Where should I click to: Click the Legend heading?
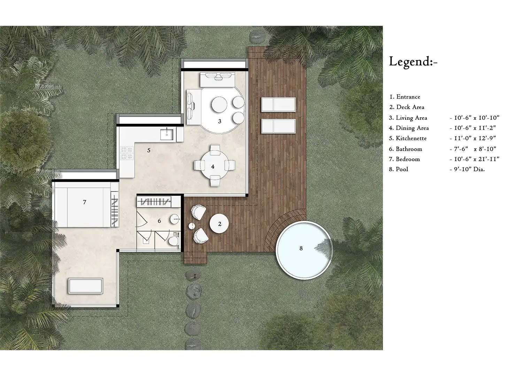(x=413, y=62)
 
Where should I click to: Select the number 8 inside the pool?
(x=301, y=248)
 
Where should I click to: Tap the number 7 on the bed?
(x=84, y=202)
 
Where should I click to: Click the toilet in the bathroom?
(x=173, y=241)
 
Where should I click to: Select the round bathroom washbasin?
(x=175, y=220)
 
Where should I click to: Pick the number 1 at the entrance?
(x=195, y=276)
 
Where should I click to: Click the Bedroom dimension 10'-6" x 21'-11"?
(x=475, y=159)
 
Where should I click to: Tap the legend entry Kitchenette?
(x=408, y=138)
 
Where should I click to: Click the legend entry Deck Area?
(x=407, y=107)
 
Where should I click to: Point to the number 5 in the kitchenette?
(x=149, y=150)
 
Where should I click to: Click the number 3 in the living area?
(x=220, y=121)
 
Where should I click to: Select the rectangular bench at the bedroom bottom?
(x=85, y=285)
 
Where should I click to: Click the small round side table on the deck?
(x=192, y=226)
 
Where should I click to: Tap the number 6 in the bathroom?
(x=159, y=221)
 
